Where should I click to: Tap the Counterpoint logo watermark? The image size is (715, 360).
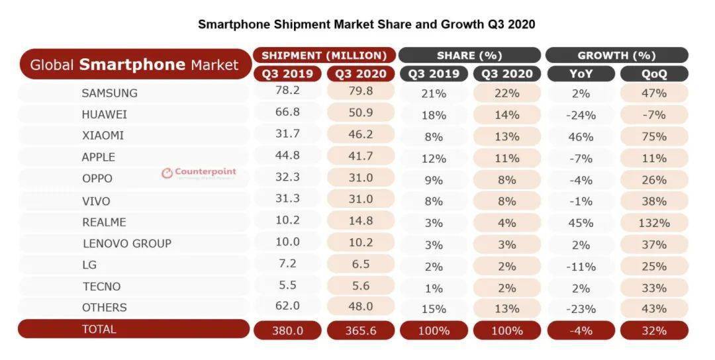pos(199,173)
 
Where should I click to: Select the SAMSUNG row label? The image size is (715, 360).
pos(110,93)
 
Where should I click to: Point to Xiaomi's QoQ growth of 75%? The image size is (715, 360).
pos(653,136)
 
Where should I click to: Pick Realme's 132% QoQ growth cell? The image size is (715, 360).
pos(653,222)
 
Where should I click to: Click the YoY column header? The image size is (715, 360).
pos(581,74)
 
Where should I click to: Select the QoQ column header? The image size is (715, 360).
pos(653,74)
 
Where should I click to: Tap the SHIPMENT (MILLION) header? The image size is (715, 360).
pos(324,56)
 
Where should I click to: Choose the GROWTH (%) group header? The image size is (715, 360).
pos(616,56)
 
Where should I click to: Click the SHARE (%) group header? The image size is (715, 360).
pos(469,56)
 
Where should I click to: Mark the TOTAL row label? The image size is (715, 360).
pos(99,329)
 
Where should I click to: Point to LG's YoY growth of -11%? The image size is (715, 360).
pos(581,265)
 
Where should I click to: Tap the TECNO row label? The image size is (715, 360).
pos(102,286)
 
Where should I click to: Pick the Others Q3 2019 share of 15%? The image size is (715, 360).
pos(434,308)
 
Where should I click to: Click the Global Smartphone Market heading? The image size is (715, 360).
pos(134,65)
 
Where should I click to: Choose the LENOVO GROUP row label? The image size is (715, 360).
pos(127,243)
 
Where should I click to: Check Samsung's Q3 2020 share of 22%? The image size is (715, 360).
pos(506,93)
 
